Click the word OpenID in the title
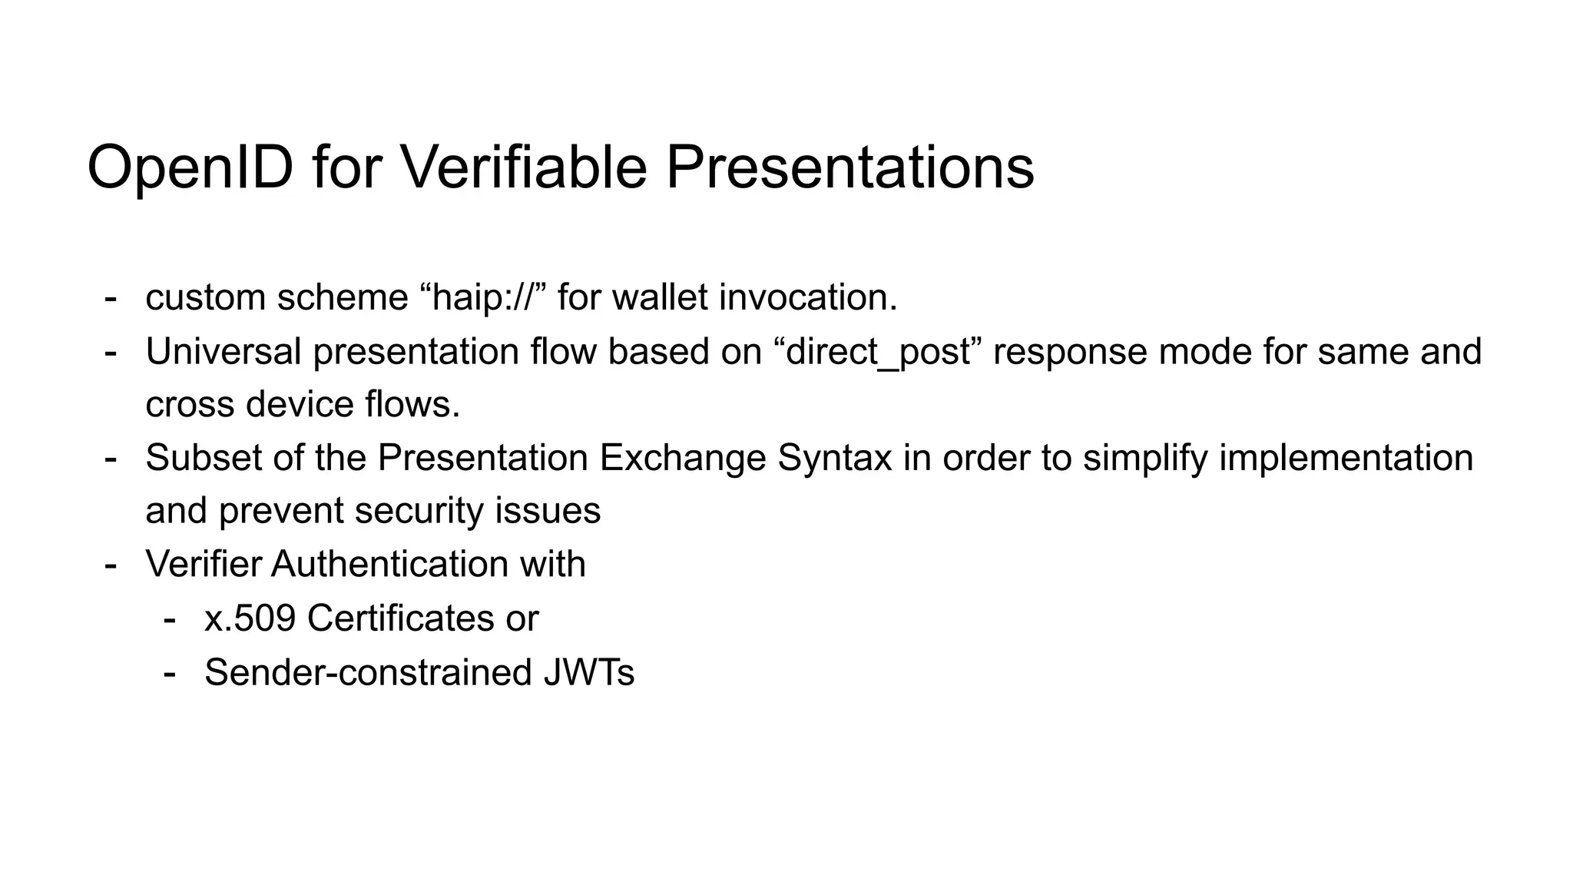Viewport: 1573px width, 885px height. pos(190,167)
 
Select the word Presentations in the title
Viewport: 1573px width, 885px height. pos(849,167)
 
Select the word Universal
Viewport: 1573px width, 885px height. pos(224,351)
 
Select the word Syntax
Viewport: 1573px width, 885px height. pos(834,459)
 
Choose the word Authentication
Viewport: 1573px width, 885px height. pos(389,564)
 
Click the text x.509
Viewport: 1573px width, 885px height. pos(250,618)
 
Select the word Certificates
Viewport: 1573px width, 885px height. pos(401,618)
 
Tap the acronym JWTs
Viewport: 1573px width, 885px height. pos(588,672)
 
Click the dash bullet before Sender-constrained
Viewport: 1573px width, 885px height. pos(170,672)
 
